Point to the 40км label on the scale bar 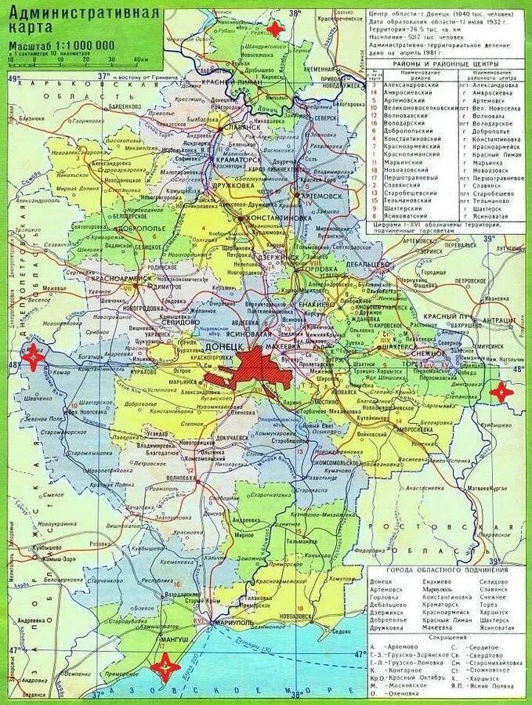140,58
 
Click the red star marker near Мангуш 165,667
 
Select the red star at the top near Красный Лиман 274,29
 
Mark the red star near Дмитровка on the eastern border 501,391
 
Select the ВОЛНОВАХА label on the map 183,477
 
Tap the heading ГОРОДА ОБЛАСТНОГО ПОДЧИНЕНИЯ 447,569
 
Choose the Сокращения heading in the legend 447,638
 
